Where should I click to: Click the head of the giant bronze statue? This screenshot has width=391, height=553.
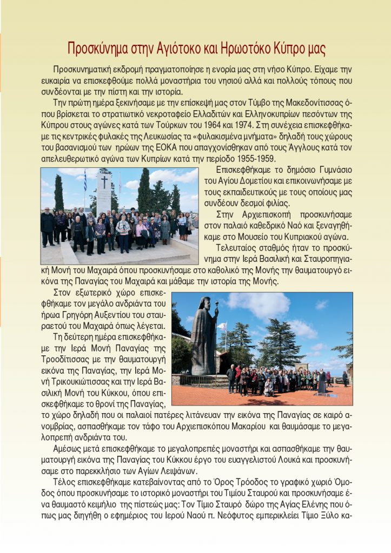204,304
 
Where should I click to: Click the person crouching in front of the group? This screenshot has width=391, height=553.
268,388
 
